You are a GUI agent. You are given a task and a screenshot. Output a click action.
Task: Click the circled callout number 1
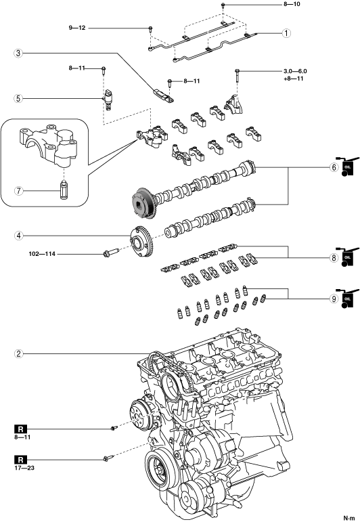[286, 33]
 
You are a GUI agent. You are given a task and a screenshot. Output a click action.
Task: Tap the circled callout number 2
[19, 353]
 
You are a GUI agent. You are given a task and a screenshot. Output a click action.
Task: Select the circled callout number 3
[19, 53]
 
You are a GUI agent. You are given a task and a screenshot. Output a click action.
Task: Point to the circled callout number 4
[19, 236]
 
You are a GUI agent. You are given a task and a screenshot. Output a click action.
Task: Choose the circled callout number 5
[19, 98]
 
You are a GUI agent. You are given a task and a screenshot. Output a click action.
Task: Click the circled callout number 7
[19, 191]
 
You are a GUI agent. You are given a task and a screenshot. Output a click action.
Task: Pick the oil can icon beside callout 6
[347, 167]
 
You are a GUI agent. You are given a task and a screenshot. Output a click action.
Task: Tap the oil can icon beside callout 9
[347, 299]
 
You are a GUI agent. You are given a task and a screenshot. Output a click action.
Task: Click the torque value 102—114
[42, 254]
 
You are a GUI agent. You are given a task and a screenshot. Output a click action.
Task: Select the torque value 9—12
[77, 28]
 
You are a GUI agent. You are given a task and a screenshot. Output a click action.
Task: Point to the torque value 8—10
[292, 4]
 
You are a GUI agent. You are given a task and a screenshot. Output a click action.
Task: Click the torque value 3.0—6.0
[295, 71]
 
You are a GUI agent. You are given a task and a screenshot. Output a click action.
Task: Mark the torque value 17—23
[24, 468]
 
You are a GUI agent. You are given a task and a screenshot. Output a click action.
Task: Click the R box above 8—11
[20, 429]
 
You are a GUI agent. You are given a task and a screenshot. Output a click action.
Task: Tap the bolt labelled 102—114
[111, 253]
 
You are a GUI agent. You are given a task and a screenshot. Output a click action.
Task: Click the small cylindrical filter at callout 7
[63, 190]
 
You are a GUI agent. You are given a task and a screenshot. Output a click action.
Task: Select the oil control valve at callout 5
[108, 99]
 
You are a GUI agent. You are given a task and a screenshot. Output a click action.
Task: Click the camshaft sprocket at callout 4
[141, 241]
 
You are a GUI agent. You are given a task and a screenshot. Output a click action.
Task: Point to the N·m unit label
[349, 518]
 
